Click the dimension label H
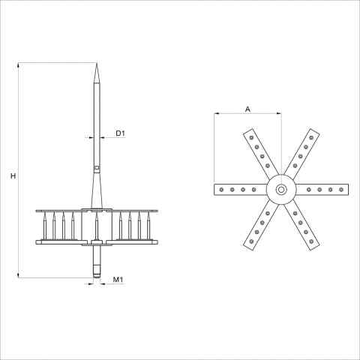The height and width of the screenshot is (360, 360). coord(13,176)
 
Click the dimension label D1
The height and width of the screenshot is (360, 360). coord(120,133)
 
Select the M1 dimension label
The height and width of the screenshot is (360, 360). coord(118,280)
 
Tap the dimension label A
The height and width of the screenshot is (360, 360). coord(247,109)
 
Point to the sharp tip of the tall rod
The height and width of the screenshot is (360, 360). coord(97,64)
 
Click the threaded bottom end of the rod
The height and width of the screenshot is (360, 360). coord(97,272)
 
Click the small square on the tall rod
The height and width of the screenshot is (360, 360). coord(97,167)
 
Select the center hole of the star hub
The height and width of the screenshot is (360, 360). coord(281,190)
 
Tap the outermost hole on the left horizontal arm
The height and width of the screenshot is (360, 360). coord(221,190)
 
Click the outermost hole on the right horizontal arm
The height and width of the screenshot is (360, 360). coord(341,190)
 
